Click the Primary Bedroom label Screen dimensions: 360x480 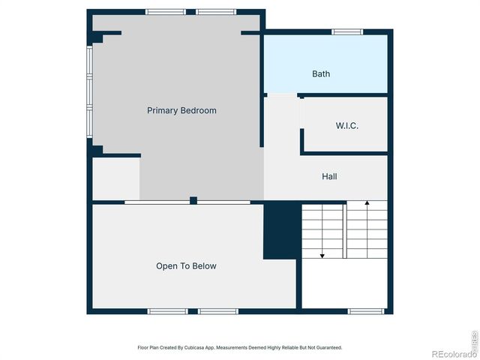(x=181, y=110)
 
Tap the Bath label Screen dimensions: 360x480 (x=321, y=73)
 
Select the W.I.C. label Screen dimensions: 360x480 (x=346, y=125)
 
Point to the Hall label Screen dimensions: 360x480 (x=329, y=176)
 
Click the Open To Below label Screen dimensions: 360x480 (x=186, y=265)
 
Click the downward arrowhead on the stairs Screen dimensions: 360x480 (x=322, y=256)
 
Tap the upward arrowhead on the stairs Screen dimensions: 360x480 (x=367, y=203)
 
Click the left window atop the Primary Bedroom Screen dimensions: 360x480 (x=166, y=12)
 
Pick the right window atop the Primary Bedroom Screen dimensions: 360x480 (x=216, y=12)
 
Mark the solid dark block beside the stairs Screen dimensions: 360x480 (x=282, y=230)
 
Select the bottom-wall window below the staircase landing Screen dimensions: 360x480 (x=367, y=310)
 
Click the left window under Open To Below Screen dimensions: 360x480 (x=166, y=310)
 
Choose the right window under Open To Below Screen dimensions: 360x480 (x=217, y=310)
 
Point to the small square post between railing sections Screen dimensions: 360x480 (x=193, y=200)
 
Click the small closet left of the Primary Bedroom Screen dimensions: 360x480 (x=115, y=178)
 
